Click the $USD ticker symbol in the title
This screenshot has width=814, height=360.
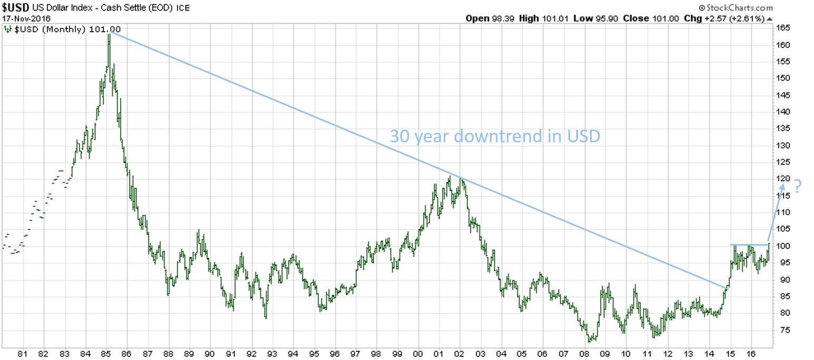(14, 8)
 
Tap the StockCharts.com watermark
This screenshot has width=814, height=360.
(735, 7)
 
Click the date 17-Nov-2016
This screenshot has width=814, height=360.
(25, 18)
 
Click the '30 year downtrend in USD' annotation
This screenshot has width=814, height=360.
(495, 137)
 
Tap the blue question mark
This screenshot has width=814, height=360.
(797, 187)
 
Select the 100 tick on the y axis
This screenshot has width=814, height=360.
(782, 246)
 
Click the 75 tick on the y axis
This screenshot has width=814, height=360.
(780, 330)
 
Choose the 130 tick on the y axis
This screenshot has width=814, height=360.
(782, 145)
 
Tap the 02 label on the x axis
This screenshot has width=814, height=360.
(459, 354)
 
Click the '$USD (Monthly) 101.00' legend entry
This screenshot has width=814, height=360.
(67, 30)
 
